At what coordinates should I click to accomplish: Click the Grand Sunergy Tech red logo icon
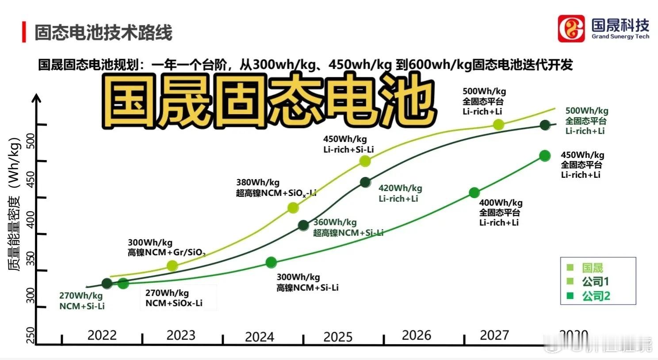(571, 29)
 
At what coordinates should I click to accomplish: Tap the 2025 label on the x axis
(338, 337)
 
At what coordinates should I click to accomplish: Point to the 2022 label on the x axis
(102, 335)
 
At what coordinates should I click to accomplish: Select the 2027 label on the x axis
(494, 335)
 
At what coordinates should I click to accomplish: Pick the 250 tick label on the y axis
(31, 335)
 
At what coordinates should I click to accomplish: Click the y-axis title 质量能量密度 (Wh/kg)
(15, 203)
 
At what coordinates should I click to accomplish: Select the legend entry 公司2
(595, 296)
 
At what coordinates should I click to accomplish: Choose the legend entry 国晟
(592, 268)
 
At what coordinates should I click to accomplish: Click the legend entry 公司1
(595, 281)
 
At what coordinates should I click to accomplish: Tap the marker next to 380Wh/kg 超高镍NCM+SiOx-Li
(293, 207)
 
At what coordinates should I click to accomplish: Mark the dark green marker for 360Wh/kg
(303, 226)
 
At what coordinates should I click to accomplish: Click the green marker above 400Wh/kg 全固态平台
(474, 193)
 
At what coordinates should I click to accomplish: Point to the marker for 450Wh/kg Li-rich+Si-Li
(365, 161)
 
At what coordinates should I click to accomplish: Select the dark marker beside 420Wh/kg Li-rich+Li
(365, 182)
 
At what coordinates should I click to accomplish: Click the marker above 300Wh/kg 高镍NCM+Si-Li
(271, 263)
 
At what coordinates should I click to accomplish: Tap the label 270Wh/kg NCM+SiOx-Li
(174, 298)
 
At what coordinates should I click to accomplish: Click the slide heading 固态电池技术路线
(103, 33)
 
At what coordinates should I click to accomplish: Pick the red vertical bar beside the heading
(24, 32)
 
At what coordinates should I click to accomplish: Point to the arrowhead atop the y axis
(37, 97)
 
